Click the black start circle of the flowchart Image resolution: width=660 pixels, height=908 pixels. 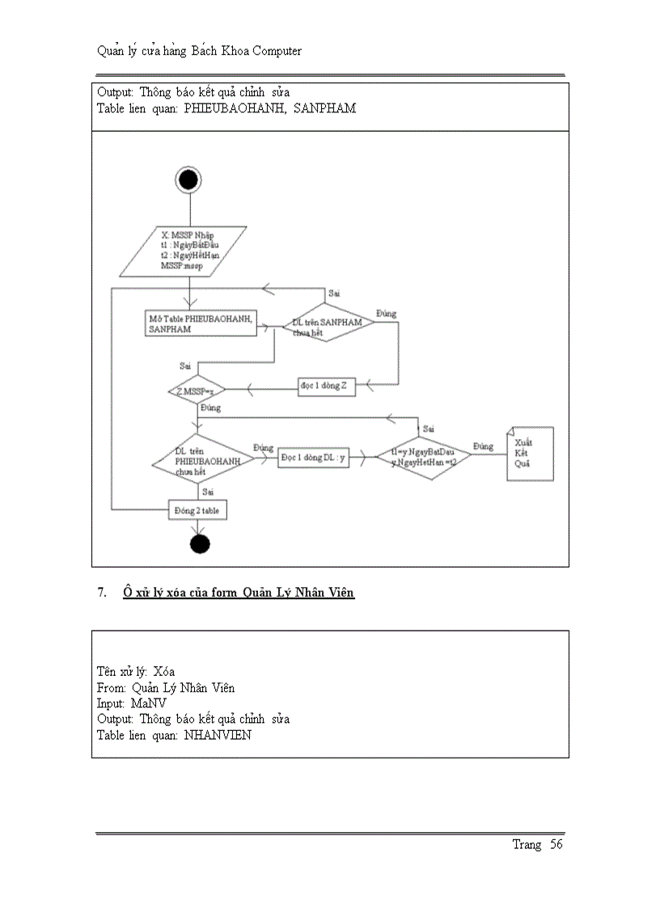pyautogui.click(x=188, y=179)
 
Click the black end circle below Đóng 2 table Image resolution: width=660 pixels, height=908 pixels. pyautogui.click(x=200, y=543)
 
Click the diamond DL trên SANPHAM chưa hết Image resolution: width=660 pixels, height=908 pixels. pyautogui.click(x=322, y=323)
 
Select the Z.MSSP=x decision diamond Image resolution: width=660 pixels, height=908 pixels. pyautogui.click(x=189, y=391)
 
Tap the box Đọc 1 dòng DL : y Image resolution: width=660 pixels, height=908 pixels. pyautogui.click(x=314, y=457)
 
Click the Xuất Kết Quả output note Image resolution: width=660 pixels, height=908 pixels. pyautogui.click(x=530, y=454)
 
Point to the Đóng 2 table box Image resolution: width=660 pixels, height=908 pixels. pyautogui.click(x=197, y=511)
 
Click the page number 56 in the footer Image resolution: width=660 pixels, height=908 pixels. pyautogui.click(x=556, y=844)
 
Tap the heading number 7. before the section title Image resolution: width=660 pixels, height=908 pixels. pyautogui.click(x=102, y=593)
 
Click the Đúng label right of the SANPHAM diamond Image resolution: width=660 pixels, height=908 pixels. pyautogui.click(x=387, y=312)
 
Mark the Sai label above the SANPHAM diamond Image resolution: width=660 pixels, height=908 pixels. pyautogui.click(x=332, y=293)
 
